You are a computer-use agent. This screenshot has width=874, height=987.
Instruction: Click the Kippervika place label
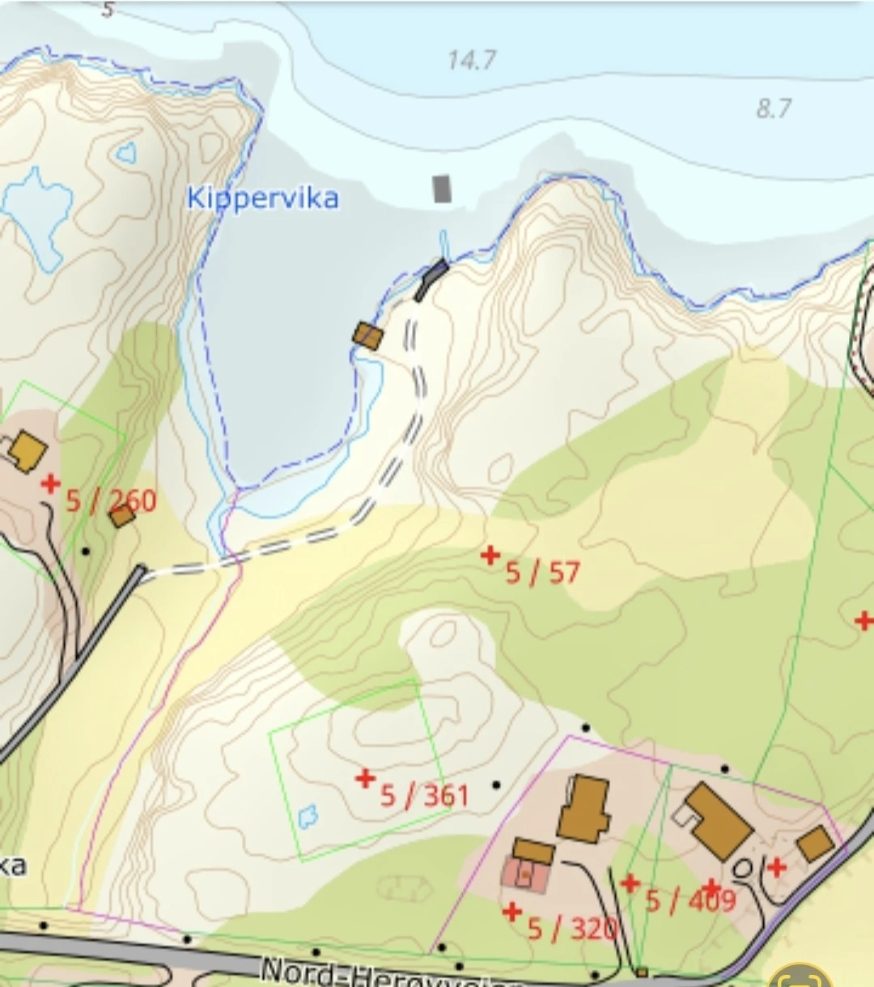pos(262,198)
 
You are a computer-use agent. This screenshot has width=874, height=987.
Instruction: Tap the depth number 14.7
pos(472,60)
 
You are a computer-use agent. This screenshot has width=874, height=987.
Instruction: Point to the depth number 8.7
pos(774,108)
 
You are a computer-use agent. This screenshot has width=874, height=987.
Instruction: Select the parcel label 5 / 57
pos(542,573)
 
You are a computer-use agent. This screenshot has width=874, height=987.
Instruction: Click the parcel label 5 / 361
pos(425,795)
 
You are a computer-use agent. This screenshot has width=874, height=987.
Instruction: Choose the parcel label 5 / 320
pos(572,929)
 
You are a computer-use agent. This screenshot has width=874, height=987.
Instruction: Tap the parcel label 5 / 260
pos(111,500)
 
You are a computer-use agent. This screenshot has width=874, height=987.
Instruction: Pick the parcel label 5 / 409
pos(690,900)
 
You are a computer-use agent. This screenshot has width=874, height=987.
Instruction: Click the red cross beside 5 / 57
pos(490,555)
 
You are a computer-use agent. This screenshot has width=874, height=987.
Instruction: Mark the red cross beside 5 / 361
pos(366,779)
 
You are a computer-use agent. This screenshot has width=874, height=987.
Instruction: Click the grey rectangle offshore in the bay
pos(441,189)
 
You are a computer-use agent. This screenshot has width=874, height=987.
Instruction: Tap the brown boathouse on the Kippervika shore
pos(367,335)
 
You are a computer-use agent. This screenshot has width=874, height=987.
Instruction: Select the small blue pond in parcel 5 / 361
pos(308,816)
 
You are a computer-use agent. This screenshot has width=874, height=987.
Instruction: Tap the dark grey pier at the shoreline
pos(431,279)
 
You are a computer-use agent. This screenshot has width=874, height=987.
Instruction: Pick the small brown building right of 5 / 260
pos(122,515)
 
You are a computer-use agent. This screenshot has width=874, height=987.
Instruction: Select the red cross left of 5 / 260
pos(51,484)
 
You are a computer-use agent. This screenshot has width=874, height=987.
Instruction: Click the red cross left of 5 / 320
pos(511,913)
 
